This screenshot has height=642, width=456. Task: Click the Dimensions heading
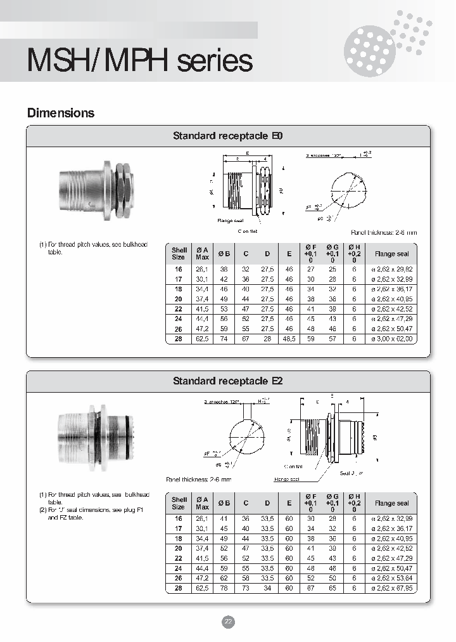pos(60,113)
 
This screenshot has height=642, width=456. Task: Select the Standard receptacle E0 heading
pos(228,136)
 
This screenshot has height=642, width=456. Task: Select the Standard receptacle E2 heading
pos(228,381)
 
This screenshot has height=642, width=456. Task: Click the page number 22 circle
pos(228,622)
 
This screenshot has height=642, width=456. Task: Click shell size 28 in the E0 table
pos(179,339)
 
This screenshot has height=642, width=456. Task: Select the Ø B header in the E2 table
pos(224,503)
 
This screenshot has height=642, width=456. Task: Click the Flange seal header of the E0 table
pos(392,254)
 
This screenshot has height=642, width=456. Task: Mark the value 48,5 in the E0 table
pos(289,339)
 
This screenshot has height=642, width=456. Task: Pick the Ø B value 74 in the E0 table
pos(224,339)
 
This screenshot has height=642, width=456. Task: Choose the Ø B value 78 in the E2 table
pos(224,588)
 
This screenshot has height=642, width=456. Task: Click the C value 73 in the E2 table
pos(245,588)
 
